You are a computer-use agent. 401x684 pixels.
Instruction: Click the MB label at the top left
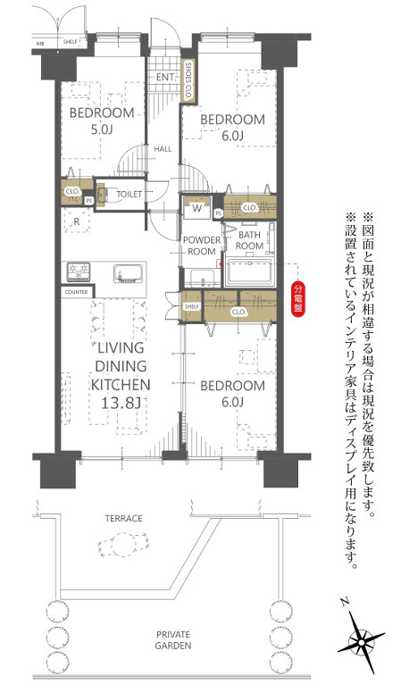click(39, 42)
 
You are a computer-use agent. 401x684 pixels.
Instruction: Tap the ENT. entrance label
click(165, 78)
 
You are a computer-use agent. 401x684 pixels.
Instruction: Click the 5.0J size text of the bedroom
click(103, 130)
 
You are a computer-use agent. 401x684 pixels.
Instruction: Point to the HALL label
click(162, 149)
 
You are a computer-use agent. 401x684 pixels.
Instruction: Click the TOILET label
click(129, 192)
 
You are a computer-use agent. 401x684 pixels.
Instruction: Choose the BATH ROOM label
click(249, 239)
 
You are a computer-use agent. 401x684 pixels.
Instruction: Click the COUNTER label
click(76, 292)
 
